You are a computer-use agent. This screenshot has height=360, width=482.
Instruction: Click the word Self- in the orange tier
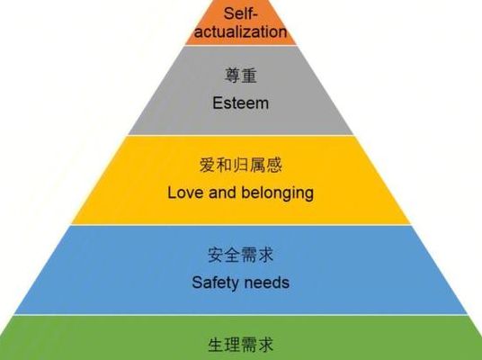pos(240,13)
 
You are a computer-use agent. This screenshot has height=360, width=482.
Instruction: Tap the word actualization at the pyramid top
pos(240,31)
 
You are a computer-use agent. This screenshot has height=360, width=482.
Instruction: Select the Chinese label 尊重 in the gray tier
pos(240,76)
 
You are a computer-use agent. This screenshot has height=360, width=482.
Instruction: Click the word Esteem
pos(240,103)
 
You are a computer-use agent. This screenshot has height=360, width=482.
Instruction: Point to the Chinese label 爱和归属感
pos(241,165)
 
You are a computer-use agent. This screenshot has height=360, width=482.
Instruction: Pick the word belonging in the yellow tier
pos(277,193)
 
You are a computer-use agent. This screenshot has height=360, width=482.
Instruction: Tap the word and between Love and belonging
pos(222,193)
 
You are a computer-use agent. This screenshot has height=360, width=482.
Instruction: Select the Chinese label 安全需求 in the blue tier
pos(240,255)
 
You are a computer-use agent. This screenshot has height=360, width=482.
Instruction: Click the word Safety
pos(214,283)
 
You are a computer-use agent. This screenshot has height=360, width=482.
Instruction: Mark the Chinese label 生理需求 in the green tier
pos(240,345)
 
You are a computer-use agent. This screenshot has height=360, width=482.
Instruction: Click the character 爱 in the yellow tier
pos(208,165)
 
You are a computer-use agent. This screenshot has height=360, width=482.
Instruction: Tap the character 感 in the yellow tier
pos(274,165)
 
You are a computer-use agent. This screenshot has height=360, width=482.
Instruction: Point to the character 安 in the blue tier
pos(216,255)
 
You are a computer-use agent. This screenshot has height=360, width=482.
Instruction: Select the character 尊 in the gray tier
pos(232,76)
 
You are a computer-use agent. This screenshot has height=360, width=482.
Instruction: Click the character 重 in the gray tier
pos(249,76)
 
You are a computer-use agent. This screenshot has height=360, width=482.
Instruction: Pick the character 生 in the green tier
pos(216,345)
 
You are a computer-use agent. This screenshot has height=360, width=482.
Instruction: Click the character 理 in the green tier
pos(232,345)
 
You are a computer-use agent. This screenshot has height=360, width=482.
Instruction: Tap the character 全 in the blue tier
pos(232,255)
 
